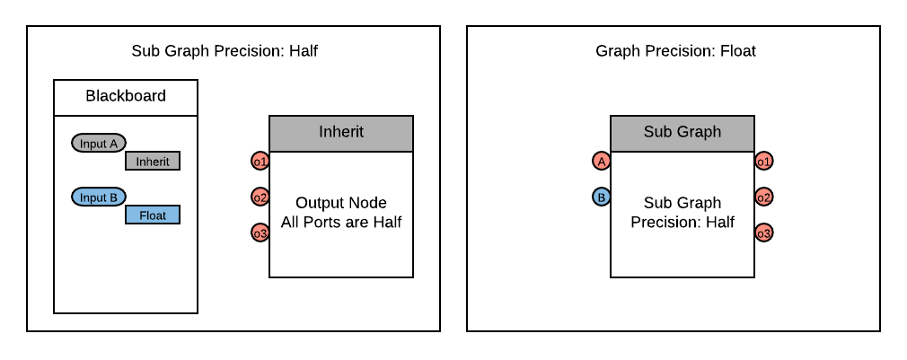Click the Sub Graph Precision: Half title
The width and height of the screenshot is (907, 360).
(225, 51)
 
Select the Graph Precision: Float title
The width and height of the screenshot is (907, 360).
(675, 51)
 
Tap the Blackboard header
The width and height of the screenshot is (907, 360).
(126, 97)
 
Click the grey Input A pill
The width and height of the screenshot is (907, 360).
(99, 144)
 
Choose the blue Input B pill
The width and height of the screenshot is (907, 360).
(99, 198)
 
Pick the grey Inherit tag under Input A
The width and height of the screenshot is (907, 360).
(153, 162)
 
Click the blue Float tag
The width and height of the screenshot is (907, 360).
(153, 215)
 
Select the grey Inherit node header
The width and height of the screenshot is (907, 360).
(341, 133)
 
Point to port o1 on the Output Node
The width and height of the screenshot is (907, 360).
(260, 162)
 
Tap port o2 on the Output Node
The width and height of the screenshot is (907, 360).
(260, 198)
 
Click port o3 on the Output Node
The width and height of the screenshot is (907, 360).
(260, 233)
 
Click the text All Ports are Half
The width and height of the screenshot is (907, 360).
(341, 223)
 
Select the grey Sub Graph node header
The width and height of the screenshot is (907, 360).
(682, 133)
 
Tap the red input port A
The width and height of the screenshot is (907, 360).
(602, 162)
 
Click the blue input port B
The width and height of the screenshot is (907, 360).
(602, 198)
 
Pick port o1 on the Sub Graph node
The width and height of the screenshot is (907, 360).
(764, 162)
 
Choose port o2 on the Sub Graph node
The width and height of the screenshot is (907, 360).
(764, 198)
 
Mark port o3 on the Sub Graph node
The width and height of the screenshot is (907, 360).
(764, 233)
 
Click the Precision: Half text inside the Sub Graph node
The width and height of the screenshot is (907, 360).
(682, 223)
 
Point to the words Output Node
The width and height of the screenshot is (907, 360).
(341, 204)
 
